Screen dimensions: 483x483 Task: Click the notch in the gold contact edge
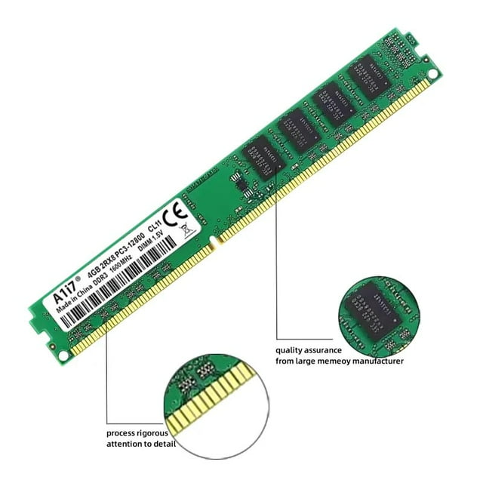pyautogui.click(x=214, y=243)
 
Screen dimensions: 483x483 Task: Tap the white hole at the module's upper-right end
pyautogui.click(x=432, y=74)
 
